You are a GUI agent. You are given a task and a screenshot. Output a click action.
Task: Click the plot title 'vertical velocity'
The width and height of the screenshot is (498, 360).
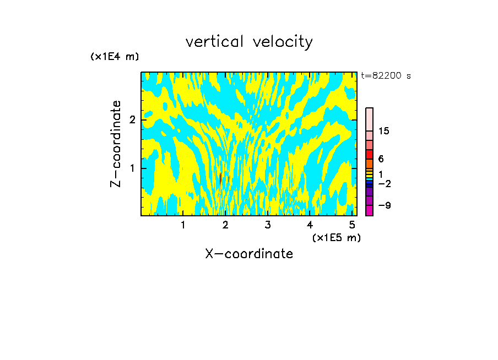click(x=249, y=42)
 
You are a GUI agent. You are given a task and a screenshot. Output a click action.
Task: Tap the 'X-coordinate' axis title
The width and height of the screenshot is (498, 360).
click(x=249, y=254)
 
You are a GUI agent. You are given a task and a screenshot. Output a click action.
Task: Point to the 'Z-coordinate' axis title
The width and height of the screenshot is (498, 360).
click(x=116, y=144)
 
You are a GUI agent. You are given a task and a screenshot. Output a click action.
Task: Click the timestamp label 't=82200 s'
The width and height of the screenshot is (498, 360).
click(x=386, y=76)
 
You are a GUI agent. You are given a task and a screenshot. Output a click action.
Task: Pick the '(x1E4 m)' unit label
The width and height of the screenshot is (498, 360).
click(x=115, y=57)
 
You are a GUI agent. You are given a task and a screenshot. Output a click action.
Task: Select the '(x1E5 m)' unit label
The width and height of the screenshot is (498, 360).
click(x=336, y=237)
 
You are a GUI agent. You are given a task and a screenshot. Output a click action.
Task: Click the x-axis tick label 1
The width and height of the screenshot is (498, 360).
click(x=183, y=225)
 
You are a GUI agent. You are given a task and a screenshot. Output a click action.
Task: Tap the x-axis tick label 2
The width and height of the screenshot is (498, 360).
click(x=225, y=225)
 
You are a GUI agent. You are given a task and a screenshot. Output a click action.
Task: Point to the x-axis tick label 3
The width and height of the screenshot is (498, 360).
click(x=268, y=225)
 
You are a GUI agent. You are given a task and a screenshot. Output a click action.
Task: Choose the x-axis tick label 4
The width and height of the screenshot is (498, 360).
click(x=310, y=225)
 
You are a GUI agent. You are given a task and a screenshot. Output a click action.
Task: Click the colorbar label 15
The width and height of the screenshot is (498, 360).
click(x=385, y=131)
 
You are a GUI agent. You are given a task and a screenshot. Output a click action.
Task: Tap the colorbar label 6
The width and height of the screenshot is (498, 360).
click(x=381, y=159)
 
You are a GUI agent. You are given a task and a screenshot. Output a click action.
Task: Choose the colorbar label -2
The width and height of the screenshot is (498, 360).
click(x=385, y=183)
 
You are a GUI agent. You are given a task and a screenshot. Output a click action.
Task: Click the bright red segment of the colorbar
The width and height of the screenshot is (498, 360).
click(x=369, y=154)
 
